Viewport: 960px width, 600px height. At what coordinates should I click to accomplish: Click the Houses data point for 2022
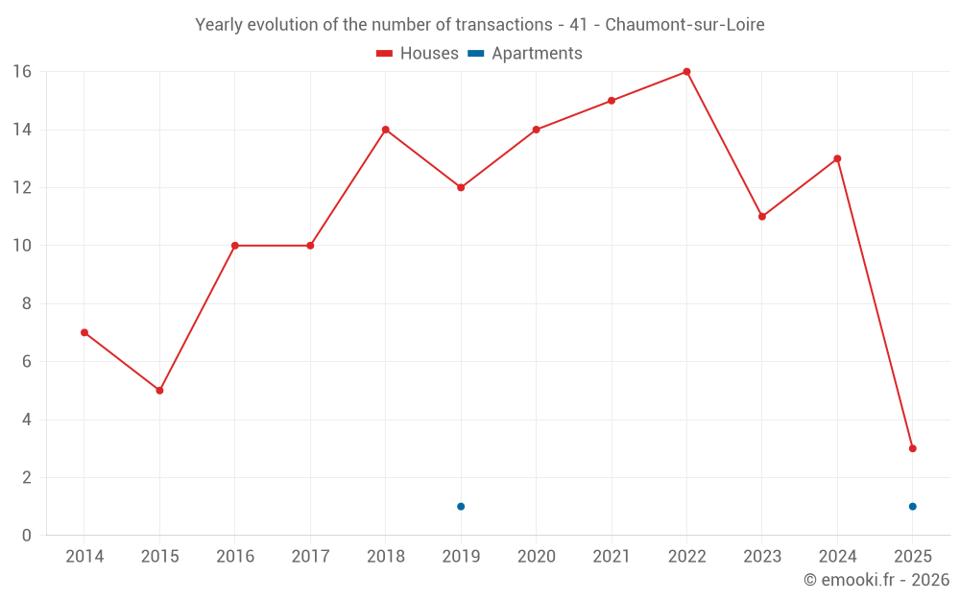click(x=686, y=72)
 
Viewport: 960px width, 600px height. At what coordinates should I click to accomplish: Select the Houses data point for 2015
click(x=159, y=391)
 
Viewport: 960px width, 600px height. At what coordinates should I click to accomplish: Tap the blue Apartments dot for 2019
click(x=461, y=507)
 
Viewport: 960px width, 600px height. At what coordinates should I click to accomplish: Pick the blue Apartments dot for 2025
click(x=912, y=507)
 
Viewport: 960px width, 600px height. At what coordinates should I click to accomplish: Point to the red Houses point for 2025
click(x=912, y=448)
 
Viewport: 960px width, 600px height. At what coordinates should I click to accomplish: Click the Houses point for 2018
click(x=385, y=130)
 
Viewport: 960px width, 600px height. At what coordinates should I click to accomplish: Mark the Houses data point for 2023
click(x=761, y=217)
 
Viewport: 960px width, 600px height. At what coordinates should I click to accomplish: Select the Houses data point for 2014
click(x=84, y=333)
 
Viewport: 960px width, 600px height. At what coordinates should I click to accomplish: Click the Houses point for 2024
click(x=837, y=158)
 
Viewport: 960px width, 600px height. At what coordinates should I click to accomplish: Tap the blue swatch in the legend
click(x=476, y=54)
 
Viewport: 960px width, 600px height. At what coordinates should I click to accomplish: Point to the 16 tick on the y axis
click(x=22, y=72)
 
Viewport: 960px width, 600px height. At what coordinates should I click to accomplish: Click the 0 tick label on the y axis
click(x=27, y=536)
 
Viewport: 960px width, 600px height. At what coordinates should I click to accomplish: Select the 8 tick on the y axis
click(x=27, y=303)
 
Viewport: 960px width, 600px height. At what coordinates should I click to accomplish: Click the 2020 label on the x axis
click(x=536, y=557)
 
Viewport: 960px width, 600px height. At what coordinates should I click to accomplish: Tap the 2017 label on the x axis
click(x=310, y=557)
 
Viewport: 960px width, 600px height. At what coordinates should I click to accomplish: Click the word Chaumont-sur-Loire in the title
click(x=684, y=25)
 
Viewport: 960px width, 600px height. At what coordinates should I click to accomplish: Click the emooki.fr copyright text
click(x=876, y=580)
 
